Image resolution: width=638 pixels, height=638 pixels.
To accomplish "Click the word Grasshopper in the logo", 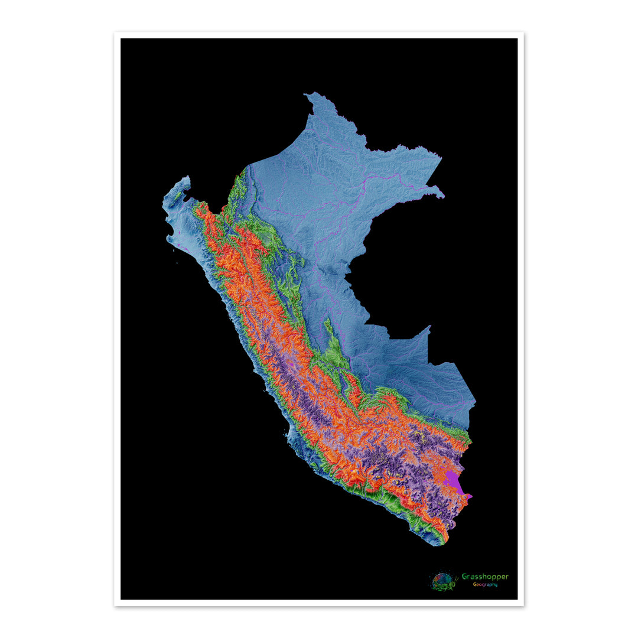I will pos(484,577).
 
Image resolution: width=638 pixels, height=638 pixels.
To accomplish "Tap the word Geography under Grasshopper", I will pos(484,585).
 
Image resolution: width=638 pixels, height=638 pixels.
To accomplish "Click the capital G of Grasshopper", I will pos(464,577).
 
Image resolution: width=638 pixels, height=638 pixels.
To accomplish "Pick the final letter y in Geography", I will pos(496,585).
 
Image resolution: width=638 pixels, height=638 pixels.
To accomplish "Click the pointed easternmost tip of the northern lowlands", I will pos(442,196).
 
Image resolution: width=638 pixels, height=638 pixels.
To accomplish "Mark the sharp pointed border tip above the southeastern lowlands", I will pos(429,327).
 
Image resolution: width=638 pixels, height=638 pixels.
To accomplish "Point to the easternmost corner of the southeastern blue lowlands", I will pos(475,404).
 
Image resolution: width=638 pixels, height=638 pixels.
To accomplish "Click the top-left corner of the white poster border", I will pos(115,32).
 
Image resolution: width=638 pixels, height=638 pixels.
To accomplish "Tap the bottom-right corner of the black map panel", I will pos(517,599).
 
